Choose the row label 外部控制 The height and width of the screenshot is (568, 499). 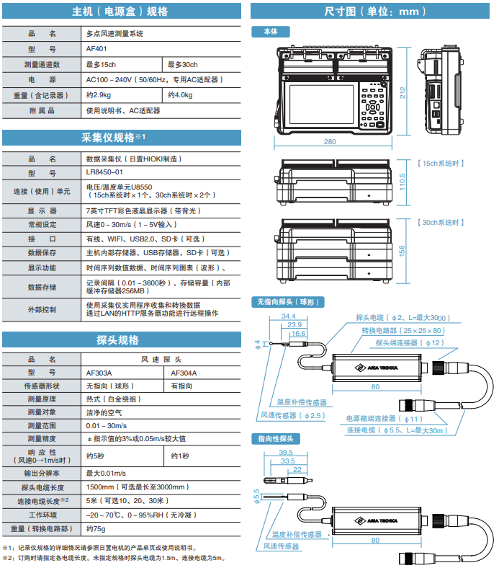click(x=42, y=310)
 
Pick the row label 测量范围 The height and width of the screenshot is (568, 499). click(x=42, y=425)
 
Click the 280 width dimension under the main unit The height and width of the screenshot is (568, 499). click(x=330, y=141)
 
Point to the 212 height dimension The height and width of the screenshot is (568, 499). click(x=403, y=93)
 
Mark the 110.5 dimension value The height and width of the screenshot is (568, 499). click(x=403, y=182)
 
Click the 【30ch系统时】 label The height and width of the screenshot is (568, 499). click(x=441, y=223)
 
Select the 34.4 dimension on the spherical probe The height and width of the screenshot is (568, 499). click(x=289, y=316)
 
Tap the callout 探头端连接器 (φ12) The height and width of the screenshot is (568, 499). click(x=409, y=342)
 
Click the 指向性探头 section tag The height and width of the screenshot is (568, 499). click(x=275, y=439)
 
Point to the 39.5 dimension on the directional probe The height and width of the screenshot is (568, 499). click(x=286, y=453)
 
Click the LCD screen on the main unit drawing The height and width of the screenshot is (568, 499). click(x=321, y=105)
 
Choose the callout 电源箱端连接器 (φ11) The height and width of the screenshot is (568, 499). click(x=385, y=419)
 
